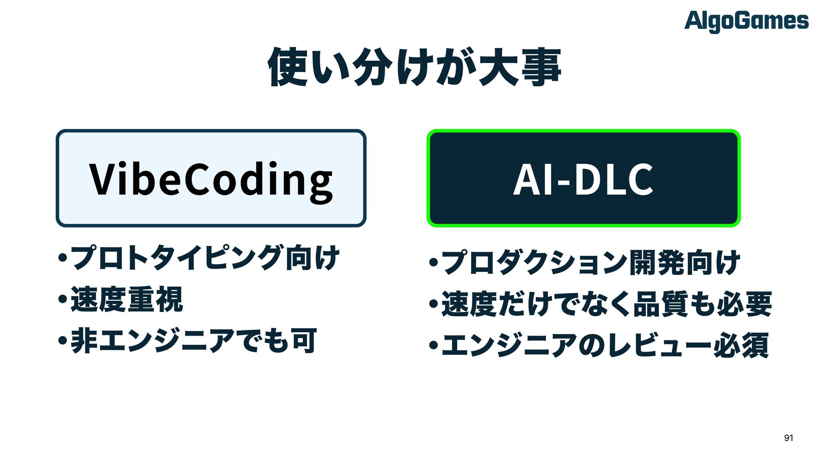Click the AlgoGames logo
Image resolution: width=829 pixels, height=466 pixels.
pyautogui.click(x=746, y=21)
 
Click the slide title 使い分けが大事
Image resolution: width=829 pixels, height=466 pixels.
pyautogui.click(x=414, y=67)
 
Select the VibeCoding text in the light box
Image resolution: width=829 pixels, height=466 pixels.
pyautogui.click(x=211, y=179)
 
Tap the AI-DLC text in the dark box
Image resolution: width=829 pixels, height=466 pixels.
pyautogui.click(x=583, y=179)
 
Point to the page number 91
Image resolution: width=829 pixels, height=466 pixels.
pyautogui.click(x=788, y=438)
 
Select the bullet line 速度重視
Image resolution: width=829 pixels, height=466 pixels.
pyautogui.click(x=127, y=299)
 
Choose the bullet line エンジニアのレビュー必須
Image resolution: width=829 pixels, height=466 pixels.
pyautogui.click(x=604, y=345)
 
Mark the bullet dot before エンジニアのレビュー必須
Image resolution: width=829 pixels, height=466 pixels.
pyautogui.click(x=433, y=346)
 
